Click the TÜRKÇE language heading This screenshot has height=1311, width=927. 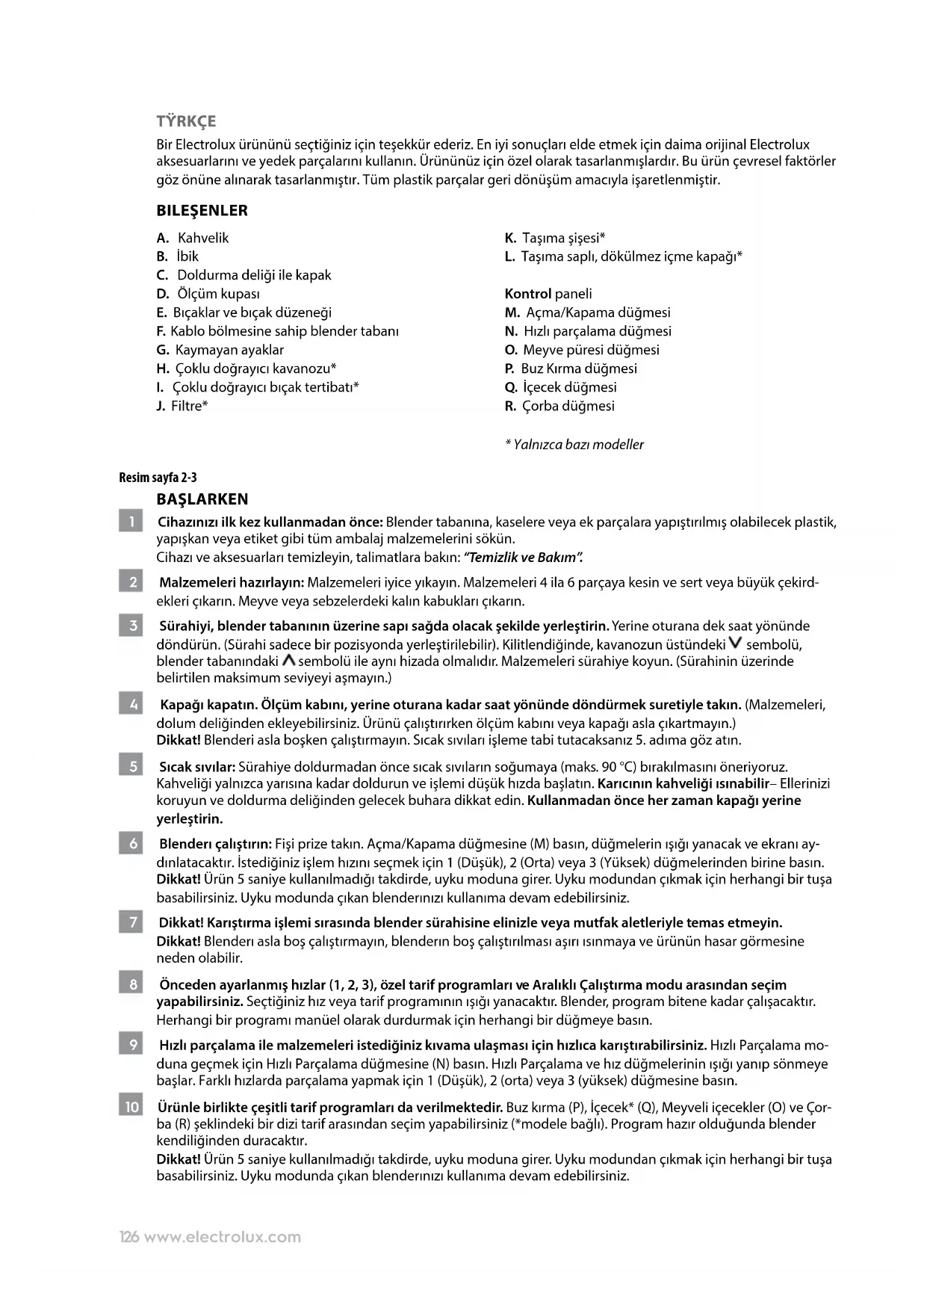[186, 121]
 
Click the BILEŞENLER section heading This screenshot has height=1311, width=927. [202, 211]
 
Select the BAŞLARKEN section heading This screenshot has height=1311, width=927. [202, 499]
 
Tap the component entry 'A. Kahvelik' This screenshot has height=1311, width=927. [193, 238]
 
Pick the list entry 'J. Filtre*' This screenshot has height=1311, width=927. [182, 407]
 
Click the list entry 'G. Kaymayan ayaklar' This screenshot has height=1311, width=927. [220, 350]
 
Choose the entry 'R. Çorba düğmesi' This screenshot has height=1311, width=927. [559, 407]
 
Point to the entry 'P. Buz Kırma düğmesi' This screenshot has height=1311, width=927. [571, 368]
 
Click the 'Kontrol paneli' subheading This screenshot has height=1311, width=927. [548, 294]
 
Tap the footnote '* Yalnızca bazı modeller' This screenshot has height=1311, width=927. [574, 445]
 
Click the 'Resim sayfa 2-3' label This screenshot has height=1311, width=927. [158, 478]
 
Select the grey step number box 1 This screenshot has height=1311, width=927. [131, 522]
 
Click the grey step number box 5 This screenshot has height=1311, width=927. [131, 766]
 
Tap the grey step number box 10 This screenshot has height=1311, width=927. [131, 1106]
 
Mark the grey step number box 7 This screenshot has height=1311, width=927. [131, 922]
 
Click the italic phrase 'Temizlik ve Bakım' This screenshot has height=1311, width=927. [522, 558]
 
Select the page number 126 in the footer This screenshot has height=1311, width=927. [129, 1237]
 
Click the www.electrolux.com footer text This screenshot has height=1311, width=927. [222, 1237]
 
